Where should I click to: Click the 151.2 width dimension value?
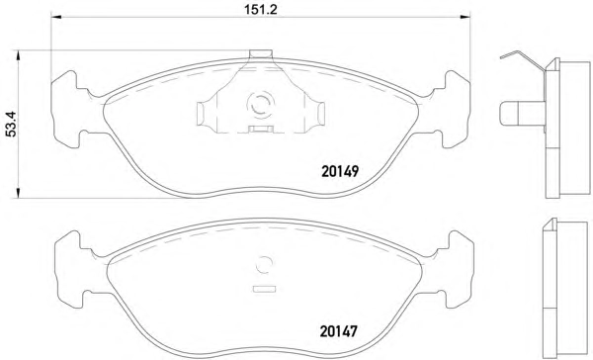[260, 9]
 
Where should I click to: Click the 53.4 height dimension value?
[11, 124]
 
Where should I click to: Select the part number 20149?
[340, 171]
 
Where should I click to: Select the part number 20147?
[338, 331]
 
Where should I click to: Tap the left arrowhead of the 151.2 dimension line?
[56, 17]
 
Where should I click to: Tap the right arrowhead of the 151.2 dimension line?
[465, 17]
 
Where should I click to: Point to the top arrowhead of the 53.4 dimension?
[18, 55]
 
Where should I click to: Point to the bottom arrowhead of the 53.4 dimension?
[18, 193]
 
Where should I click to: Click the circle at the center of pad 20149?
[261, 103]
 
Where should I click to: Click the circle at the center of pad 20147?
[264, 264]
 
